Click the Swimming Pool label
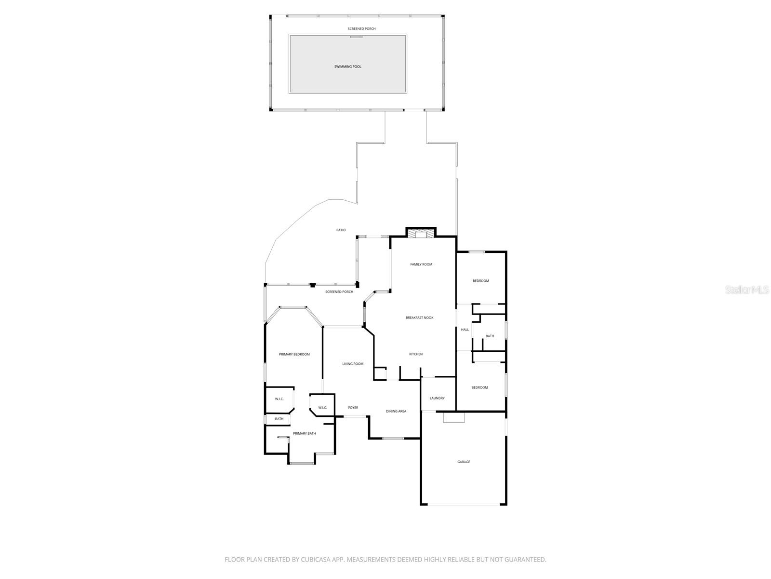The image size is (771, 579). point(347,67)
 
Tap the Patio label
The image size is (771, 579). point(341,230)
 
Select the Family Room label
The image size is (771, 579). point(421,264)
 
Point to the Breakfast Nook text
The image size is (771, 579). point(419,317)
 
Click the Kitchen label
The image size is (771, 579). point(416,354)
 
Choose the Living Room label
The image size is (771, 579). point(353,364)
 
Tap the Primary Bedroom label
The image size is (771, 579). point(294,354)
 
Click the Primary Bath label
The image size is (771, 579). point(305,433)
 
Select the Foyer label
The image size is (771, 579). point(353,408)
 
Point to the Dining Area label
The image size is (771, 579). point(396,411)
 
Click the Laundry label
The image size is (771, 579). point(437,399)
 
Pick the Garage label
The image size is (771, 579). point(464,462)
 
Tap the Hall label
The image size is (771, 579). point(465,330)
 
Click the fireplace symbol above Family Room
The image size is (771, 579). point(421,234)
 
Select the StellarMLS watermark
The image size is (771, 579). point(747,290)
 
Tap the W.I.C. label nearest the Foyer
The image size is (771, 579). point(322,408)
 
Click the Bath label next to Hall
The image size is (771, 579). point(490,336)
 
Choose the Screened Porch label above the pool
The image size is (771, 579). point(361,29)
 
